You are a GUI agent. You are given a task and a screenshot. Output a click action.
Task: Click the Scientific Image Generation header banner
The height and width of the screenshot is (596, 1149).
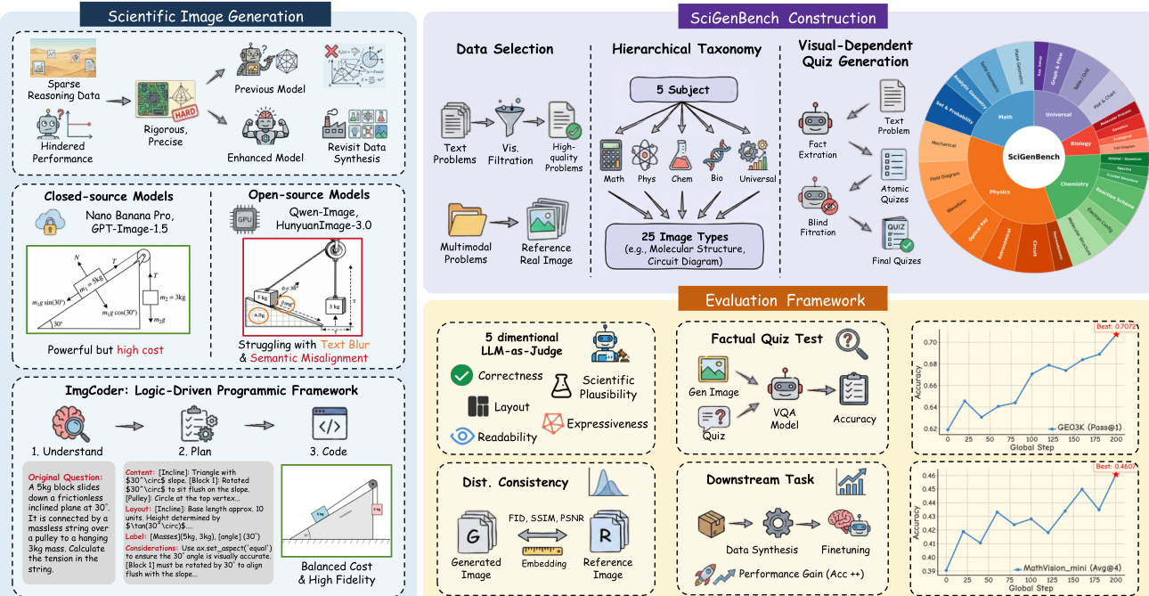206,15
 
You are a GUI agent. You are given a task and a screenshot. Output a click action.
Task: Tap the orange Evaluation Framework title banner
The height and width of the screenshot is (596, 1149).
784,301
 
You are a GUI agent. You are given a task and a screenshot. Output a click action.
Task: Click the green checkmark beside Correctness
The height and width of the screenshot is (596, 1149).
461,376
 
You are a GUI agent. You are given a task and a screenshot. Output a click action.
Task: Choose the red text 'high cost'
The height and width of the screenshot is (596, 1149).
139,350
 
